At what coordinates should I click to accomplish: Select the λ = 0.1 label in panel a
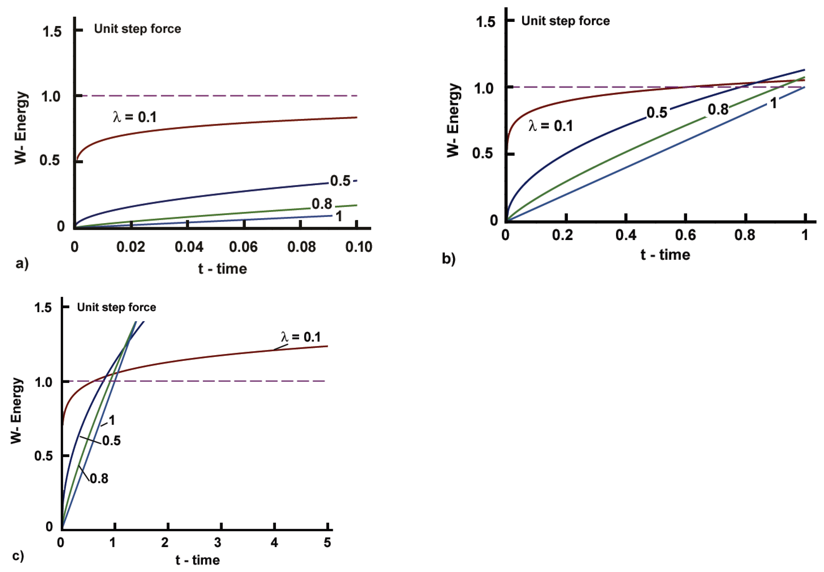point(135,117)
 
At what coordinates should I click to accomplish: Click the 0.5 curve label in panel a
point(340,181)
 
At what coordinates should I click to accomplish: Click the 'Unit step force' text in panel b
point(565,21)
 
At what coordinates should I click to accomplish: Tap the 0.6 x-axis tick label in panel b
point(685,235)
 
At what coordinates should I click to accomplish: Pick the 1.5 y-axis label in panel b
point(485,22)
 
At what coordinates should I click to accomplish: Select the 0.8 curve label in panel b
point(718,110)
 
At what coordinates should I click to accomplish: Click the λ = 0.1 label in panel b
point(551,126)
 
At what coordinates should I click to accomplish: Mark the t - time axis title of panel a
point(222,269)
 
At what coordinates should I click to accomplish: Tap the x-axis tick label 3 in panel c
point(218,542)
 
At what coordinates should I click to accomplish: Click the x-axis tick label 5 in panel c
point(327,542)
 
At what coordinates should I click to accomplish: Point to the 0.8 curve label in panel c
point(99,479)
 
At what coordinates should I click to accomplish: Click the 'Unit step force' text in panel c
point(116,307)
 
